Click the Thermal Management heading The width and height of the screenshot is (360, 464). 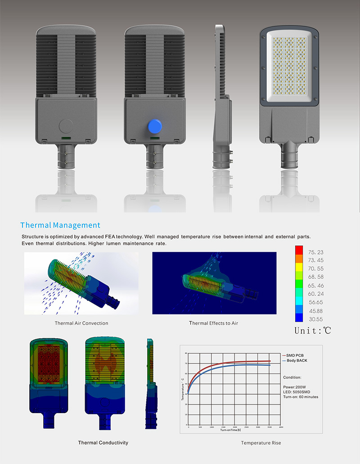click(60, 225)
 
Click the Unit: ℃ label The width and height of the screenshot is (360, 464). click(313, 331)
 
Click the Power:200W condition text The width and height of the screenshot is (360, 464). click(294, 387)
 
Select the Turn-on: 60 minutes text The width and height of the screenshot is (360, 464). click(301, 397)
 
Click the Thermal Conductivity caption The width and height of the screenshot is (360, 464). click(103, 442)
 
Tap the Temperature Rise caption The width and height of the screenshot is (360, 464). click(261, 443)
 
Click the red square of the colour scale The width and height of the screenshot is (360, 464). click(298, 250)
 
